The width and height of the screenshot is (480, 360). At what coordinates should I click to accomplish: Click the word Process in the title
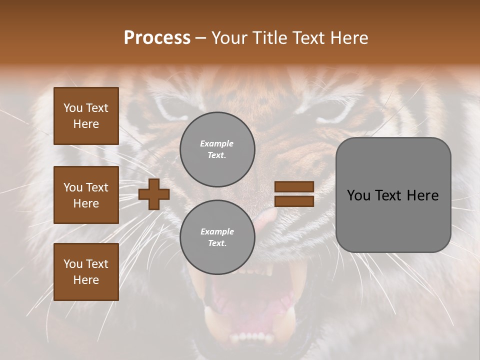click(157, 38)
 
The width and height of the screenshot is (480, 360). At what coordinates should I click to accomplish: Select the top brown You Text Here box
click(86, 116)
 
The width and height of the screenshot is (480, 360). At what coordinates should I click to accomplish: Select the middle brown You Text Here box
click(86, 195)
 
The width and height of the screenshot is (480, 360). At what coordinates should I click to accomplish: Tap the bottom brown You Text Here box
click(86, 272)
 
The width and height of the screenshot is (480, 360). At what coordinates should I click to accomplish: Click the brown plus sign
click(154, 193)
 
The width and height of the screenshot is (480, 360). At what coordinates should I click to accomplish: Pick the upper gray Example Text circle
click(217, 149)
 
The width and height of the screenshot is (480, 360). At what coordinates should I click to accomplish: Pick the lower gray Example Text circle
click(217, 237)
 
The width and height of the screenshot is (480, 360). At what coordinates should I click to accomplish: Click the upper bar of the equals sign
click(294, 186)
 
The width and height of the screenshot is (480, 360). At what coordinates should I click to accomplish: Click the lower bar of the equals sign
click(294, 201)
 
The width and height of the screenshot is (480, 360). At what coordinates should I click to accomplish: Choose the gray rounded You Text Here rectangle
click(393, 195)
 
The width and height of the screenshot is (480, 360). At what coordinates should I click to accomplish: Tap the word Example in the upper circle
click(217, 143)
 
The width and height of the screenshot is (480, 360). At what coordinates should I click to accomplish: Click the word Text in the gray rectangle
click(391, 195)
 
